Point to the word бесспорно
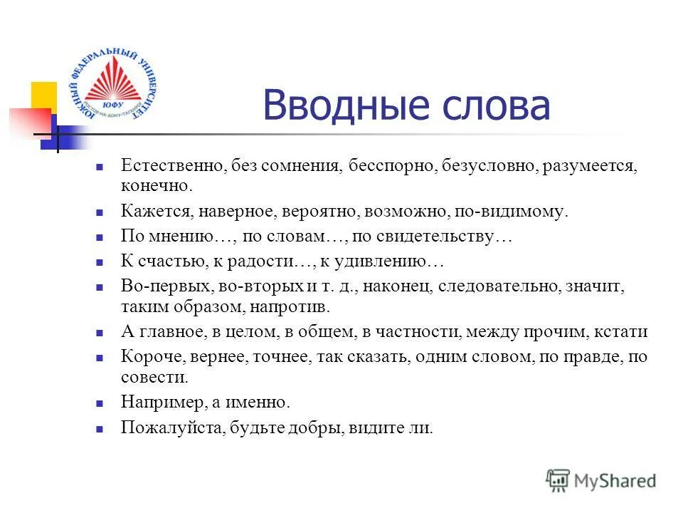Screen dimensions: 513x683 (x=392, y=166)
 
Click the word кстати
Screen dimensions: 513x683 (x=623, y=332)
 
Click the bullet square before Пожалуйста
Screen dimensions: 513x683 (x=100, y=428)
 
